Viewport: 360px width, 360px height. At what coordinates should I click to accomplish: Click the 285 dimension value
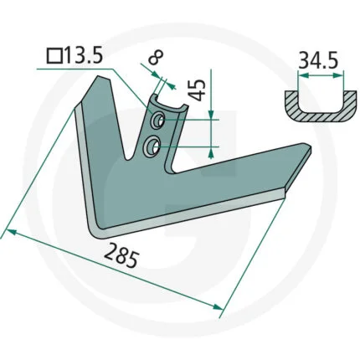121,255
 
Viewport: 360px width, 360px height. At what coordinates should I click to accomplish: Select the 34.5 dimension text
318,60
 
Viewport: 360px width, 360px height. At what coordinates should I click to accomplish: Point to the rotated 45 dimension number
198,90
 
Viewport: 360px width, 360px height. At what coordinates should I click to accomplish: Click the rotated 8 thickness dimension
156,58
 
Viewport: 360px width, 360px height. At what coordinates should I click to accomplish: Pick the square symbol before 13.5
54,55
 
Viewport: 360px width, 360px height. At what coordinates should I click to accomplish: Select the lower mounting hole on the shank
152,145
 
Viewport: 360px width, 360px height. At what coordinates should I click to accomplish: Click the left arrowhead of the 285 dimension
11,232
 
